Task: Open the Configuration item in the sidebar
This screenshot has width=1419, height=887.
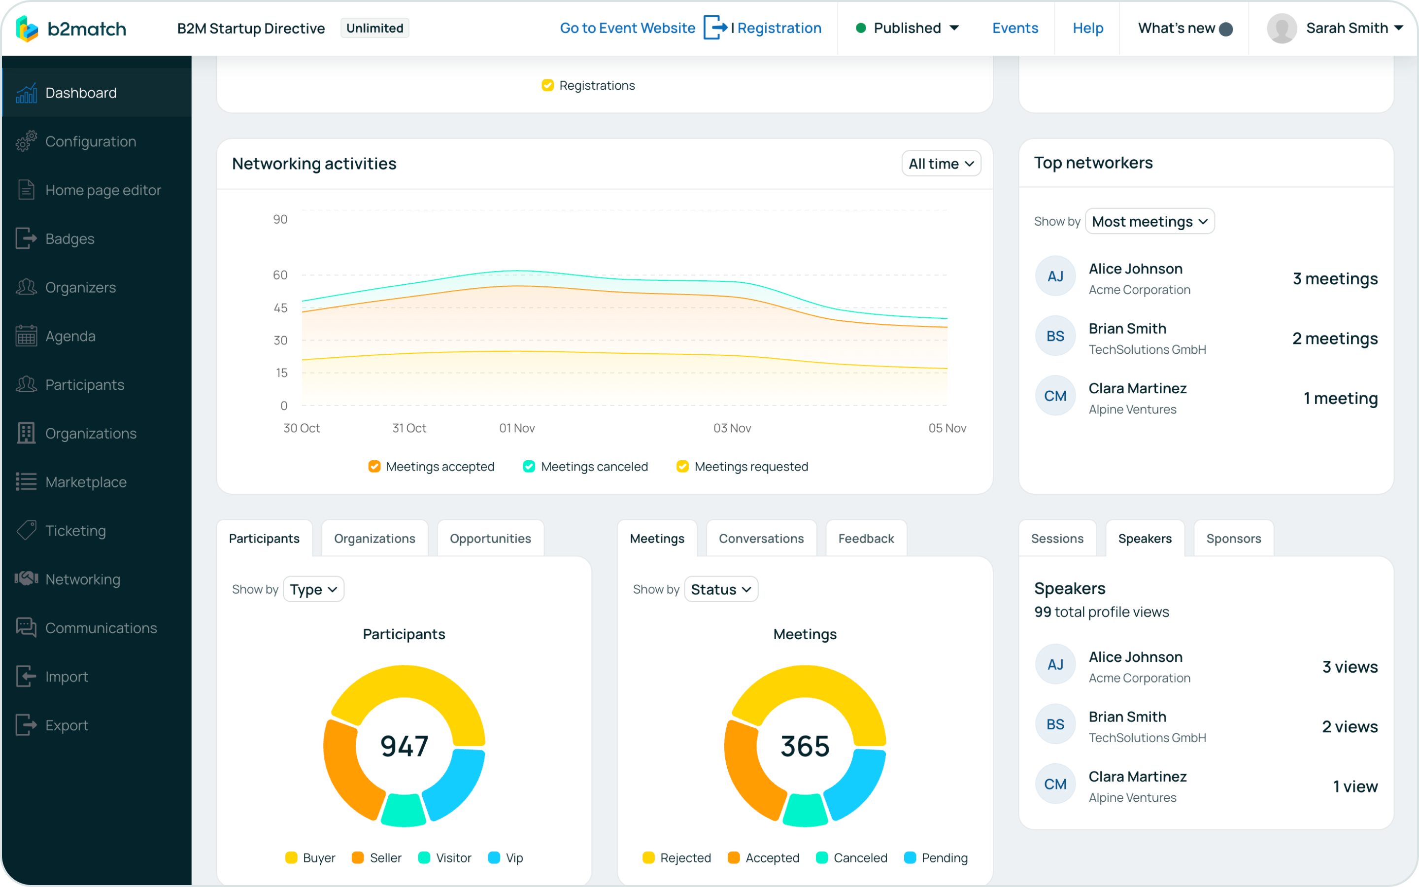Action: pos(90,141)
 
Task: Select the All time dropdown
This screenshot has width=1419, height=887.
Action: pos(941,164)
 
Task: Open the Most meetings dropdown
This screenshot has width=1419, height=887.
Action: pos(1149,222)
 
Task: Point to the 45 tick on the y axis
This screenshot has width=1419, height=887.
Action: pos(280,308)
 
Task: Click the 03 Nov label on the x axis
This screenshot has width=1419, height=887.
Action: pos(732,428)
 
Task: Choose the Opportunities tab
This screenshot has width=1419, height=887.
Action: pos(490,539)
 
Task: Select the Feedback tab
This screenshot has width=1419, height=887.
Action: pos(866,539)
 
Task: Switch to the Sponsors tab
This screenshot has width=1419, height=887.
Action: pos(1233,539)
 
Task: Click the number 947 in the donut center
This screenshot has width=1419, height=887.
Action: pos(404,746)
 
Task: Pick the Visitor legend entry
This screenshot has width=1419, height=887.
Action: pos(445,857)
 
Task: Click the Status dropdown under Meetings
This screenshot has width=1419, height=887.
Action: pos(721,589)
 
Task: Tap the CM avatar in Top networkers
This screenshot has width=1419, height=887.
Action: pos(1055,396)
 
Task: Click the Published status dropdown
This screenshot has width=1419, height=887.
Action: pos(908,28)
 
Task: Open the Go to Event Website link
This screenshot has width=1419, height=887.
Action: pos(627,28)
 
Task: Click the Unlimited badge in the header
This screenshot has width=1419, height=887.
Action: pos(374,28)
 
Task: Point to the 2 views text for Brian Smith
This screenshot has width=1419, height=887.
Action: pos(1349,726)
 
